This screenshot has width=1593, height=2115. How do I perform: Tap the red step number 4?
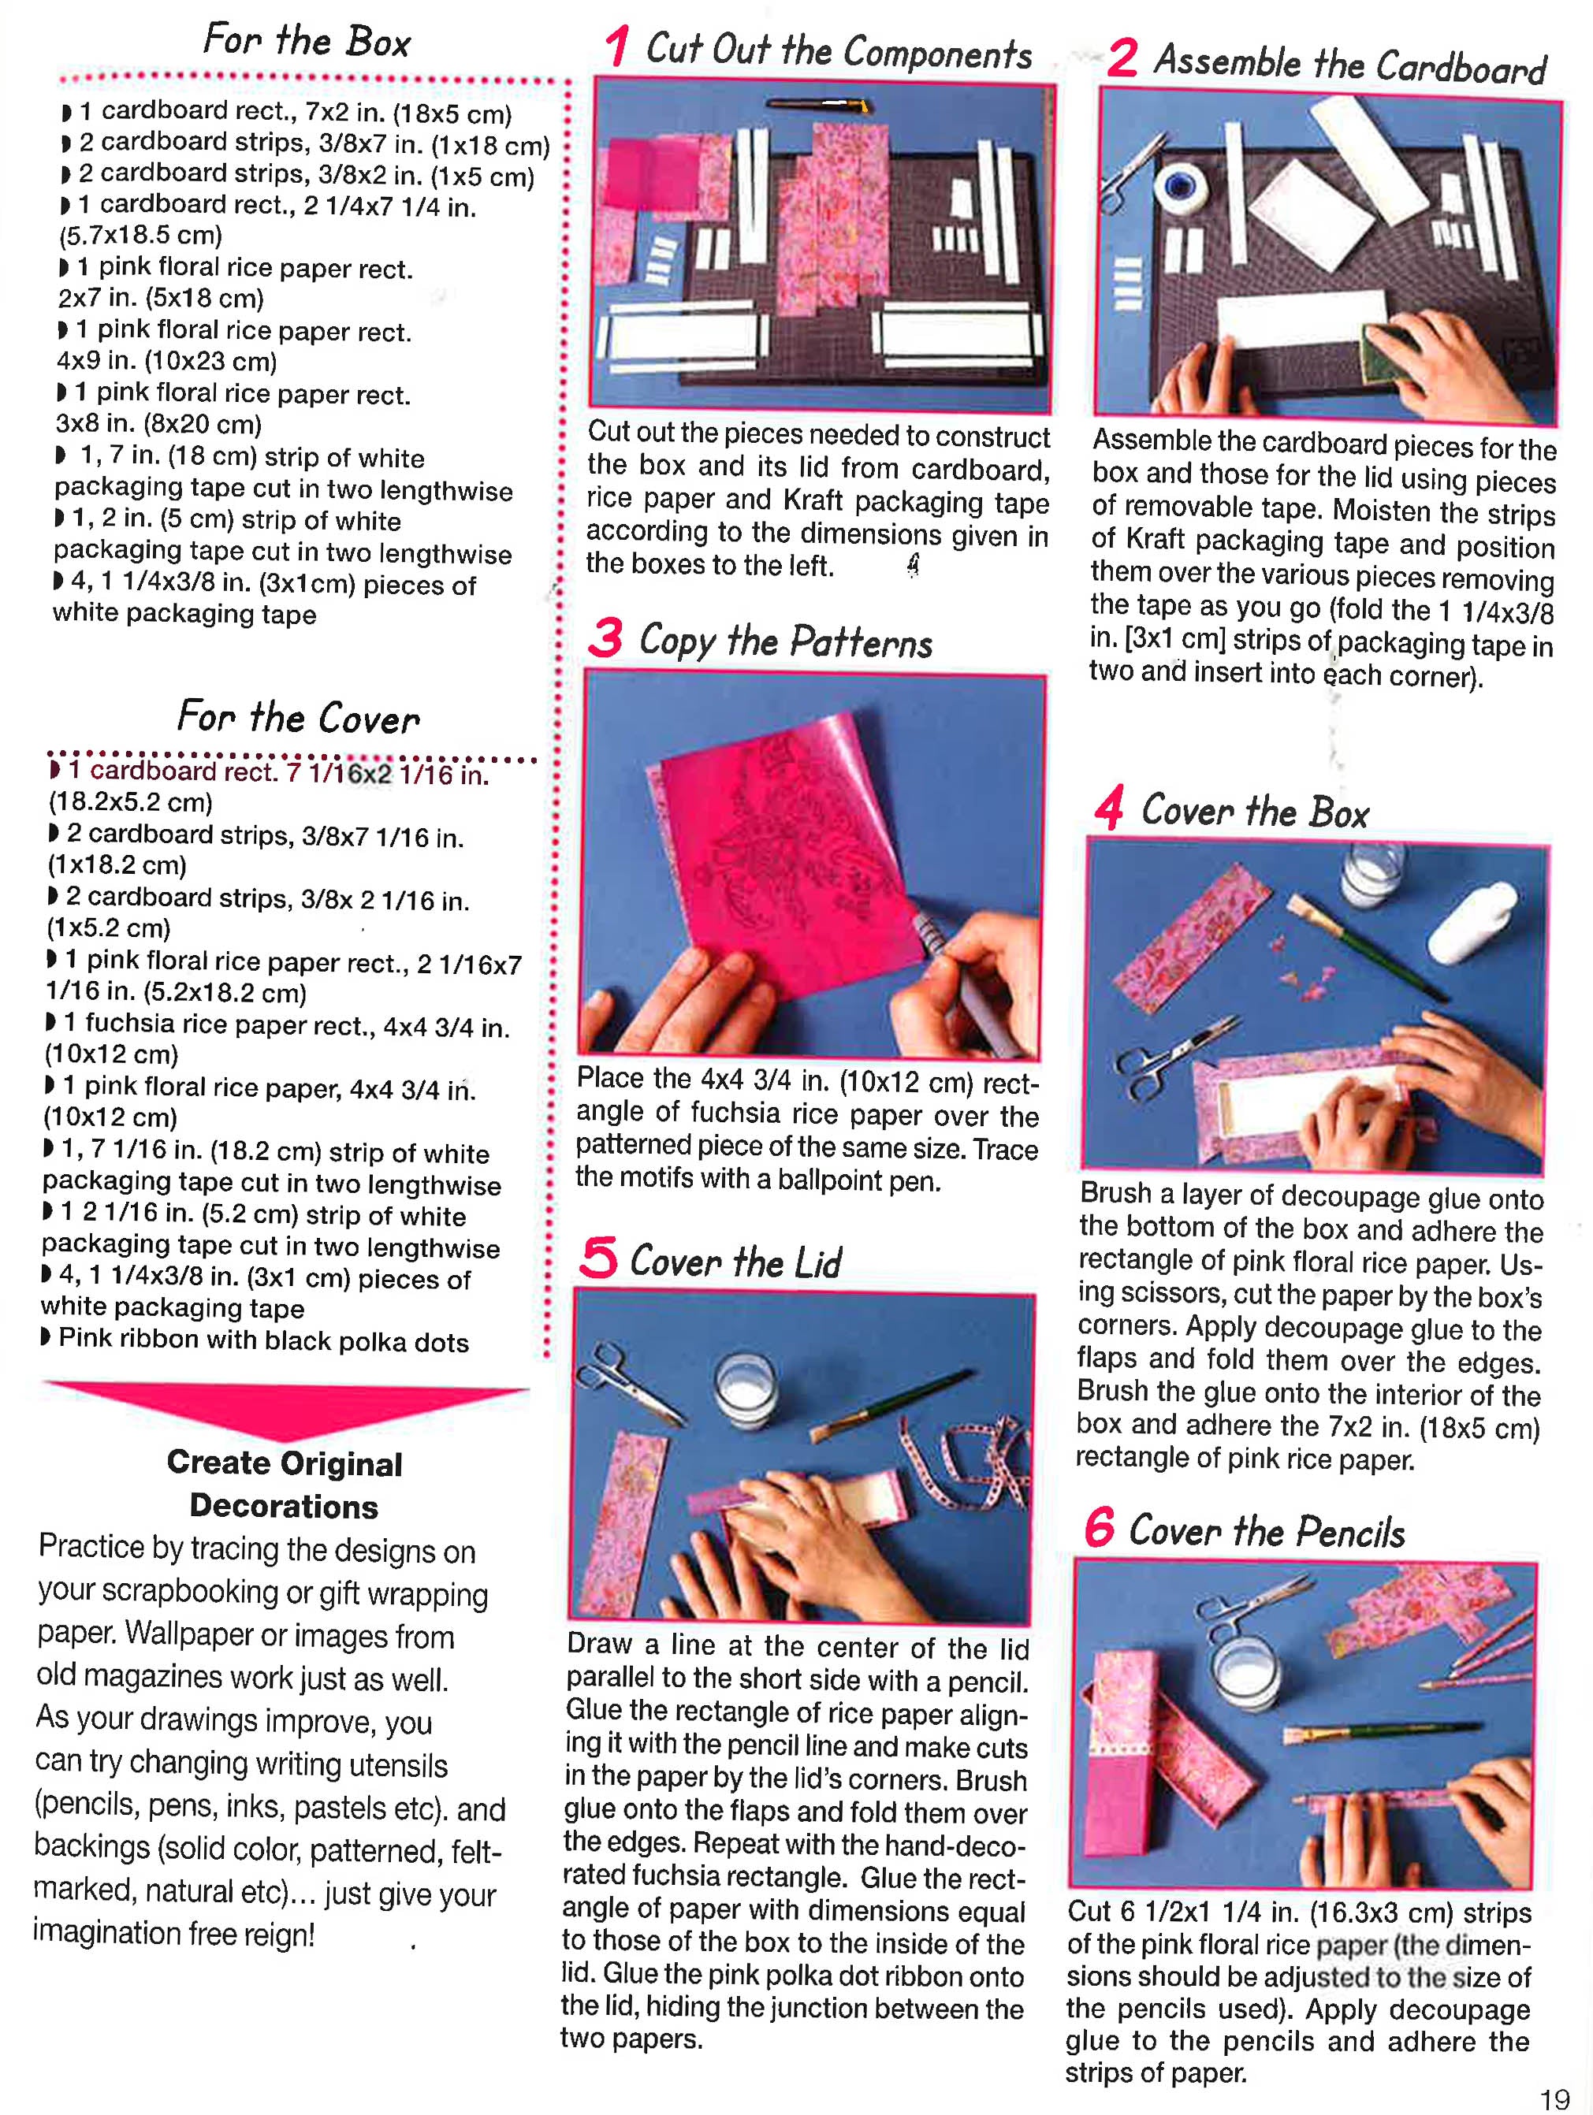coord(1108,809)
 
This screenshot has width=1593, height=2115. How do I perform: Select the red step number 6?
coord(1100,1527)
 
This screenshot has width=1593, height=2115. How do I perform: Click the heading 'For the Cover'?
coord(298,717)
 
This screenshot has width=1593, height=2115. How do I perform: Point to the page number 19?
coord(1554,2098)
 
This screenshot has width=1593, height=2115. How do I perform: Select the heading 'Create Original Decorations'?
coord(284,1485)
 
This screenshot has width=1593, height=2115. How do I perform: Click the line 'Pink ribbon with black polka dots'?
coord(263,1340)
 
